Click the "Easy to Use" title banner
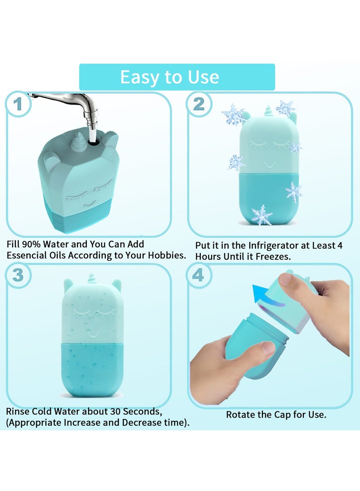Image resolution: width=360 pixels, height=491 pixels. [x=177, y=77]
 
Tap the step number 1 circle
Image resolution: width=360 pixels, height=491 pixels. [x=18, y=105]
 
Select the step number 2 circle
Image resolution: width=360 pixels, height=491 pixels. [x=199, y=104]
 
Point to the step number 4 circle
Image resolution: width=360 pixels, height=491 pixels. [x=198, y=275]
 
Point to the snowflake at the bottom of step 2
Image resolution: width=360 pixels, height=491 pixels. [x=261, y=215]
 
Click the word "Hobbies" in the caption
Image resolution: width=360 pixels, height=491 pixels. [x=165, y=255]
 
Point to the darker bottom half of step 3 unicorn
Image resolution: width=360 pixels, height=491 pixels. [x=92, y=369]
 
